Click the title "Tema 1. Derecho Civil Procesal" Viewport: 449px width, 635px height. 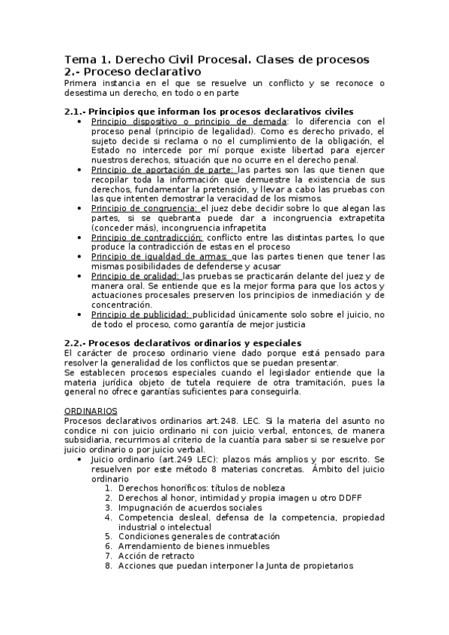click(x=157, y=59)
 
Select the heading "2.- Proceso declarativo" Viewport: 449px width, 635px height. click(x=122, y=71)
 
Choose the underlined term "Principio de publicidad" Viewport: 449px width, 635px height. click(x=141, y=315)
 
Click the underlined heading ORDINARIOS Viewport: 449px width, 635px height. click(x=91, y=411)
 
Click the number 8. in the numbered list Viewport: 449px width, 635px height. click(x=109, y=565)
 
